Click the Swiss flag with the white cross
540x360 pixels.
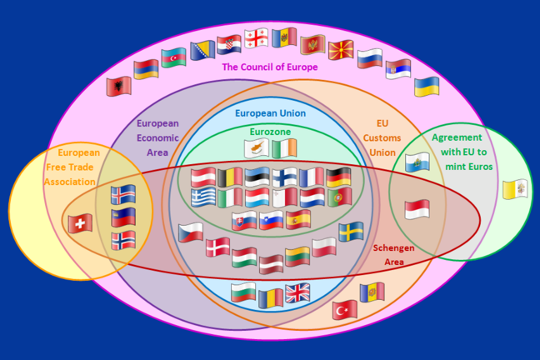click(80, 223)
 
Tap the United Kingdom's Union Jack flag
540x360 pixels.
click(297, 293)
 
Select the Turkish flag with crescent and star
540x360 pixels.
click(345, 310)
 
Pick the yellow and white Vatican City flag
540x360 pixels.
click(515, 189)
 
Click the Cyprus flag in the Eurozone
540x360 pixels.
click(257, 148)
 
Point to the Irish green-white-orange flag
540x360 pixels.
click(284, 148)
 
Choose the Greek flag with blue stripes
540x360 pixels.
click(203, 197)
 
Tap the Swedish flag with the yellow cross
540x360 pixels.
click(351, 232)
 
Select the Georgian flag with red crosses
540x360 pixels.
click(256, 38)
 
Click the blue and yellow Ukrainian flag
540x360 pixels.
click(427, 87)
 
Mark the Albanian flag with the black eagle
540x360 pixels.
click(119, 86)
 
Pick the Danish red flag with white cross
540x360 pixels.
click(217, 247)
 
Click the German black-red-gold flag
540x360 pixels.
click(338, 177)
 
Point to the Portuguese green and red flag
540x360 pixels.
click(339, 197)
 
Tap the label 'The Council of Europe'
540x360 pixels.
click(270, 67)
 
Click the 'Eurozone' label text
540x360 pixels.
click(270, 132)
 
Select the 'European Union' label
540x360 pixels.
click(270, 113)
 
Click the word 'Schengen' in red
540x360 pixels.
click(393, 248)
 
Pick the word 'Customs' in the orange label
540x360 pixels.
click(382, 137)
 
